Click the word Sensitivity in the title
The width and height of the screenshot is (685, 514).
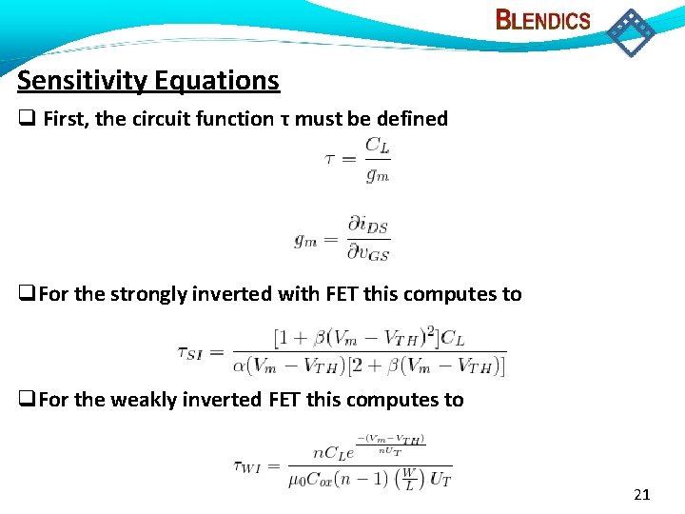pos(79,81)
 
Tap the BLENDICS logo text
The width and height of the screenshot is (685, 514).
pos(543,20)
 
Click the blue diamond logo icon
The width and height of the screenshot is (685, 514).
pos(631,32)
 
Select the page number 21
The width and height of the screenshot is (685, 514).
pos(641,494)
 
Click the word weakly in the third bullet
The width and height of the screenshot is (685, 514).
pos(145,400)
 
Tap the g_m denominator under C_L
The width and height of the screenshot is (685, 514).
pos(378,174)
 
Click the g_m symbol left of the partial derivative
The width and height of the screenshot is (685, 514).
pos(305,241)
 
